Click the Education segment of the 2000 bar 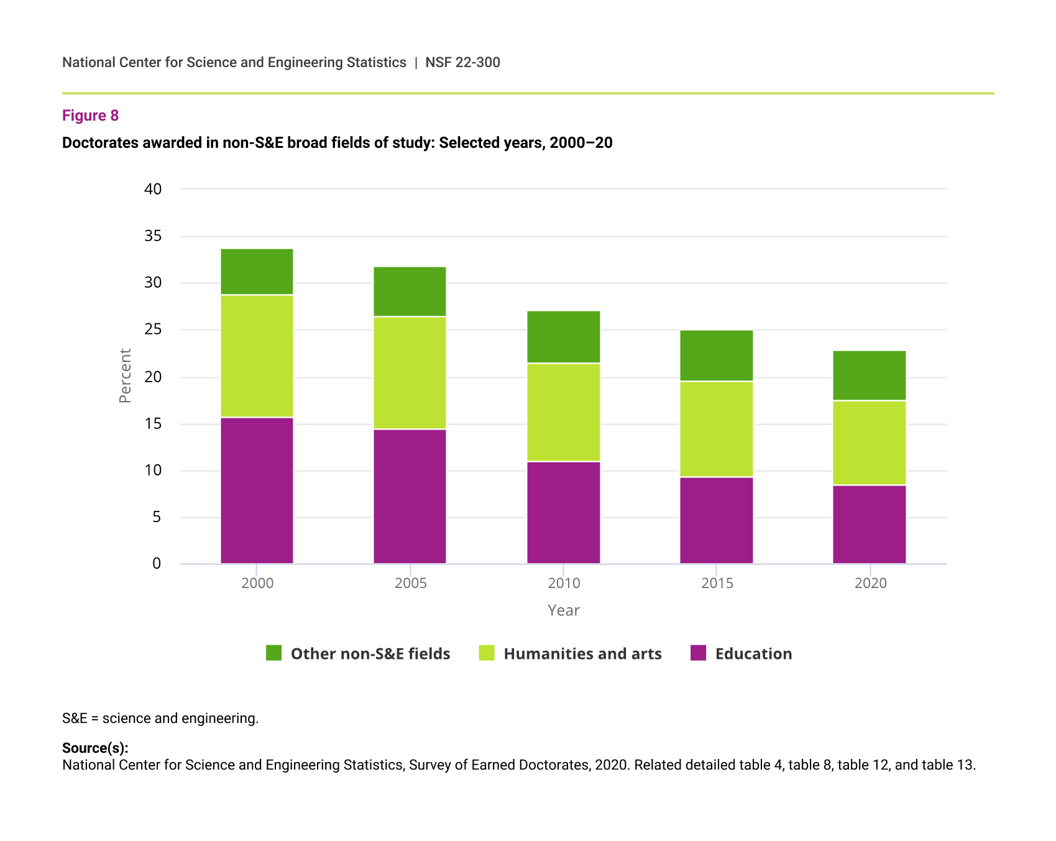pyautogui.click(x=257, y=490)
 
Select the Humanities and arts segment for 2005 pyautogui.click(x=410, y=373)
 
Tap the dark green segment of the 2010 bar pyautogui.click(x=563, y=337)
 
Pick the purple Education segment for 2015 pyautogui.click(x=716, y=520)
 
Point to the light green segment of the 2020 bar pyautogui.click(x=869, y=443)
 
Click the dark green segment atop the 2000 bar pyautogui.click(x=257, y=272)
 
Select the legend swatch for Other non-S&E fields pyautogui.click(x=273, y=653)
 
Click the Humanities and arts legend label pyautogui.click(x=582, y=654)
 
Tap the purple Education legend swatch pyautogui.click(x=698, y=653)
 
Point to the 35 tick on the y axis pyautogui.click(x=153, y=236)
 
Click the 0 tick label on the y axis pyautogui.click(x=157, y=564)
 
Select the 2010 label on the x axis pyautogui.click(x=564, y=583)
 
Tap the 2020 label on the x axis pyautogui.click(x=870, y=583)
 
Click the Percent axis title pyautogui.click(x=125, y=375)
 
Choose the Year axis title pyautogui.click(x=563, y=610)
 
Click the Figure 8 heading pyautogui.click(x=90, y=116)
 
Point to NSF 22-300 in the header pyautogui.click(x=462, y=62)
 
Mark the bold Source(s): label pyautogui.click(x=95, y=748)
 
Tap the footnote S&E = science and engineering pyautogui.click(x=160, y=719)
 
